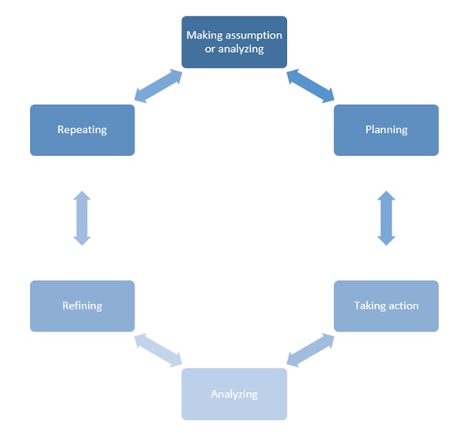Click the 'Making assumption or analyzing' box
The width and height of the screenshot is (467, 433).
[234, 42]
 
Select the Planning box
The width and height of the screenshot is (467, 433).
[386, 130]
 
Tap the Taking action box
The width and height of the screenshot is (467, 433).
[386, 306]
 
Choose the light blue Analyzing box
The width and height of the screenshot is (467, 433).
[234, 394]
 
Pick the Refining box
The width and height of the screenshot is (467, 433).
[83, 306]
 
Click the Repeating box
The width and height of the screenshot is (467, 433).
[83, 130]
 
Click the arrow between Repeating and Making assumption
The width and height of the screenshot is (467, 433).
[158, 86]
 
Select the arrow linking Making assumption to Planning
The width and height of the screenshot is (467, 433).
[311, 86]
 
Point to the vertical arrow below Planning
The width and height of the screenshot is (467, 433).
[386, 218]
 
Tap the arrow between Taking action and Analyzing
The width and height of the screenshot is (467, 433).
[311, 350]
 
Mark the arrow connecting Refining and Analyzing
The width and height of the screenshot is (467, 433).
[158, 350]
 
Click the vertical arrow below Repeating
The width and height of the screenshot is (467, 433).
[82, 218]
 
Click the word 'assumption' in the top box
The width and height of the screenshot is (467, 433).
[254, 35]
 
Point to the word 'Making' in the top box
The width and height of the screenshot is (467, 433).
[204, 35]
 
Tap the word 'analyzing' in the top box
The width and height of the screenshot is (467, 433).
[241, 49]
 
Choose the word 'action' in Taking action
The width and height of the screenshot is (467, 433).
[402, 306]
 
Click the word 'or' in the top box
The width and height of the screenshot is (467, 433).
[210, 49]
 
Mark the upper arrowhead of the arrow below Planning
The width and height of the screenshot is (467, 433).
[386, 195]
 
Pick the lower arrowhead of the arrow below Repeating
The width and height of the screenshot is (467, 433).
[82, 241]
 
